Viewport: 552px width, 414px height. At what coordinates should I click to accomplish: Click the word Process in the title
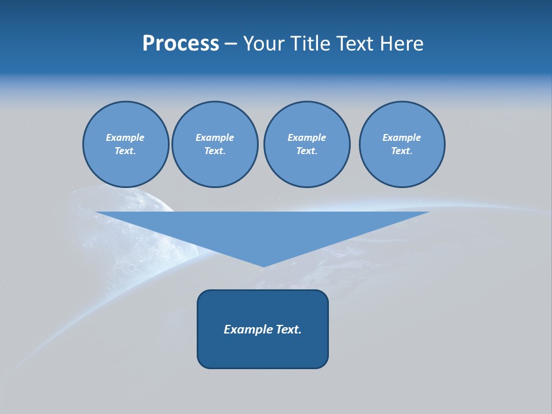(181, 44)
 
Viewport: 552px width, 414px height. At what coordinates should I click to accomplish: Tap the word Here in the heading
(401, 44)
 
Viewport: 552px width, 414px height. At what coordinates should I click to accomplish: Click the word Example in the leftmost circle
(125, 137)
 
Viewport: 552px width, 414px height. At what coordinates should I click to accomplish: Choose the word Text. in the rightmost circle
(402, 151)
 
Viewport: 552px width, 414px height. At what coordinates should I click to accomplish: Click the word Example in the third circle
(307, 137)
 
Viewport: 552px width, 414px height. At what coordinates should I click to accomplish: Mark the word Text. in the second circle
(215, 151)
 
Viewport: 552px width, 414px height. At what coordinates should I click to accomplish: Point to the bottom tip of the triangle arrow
(263, 266)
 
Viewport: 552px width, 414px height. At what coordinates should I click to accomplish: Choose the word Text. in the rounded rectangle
(289, 329)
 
